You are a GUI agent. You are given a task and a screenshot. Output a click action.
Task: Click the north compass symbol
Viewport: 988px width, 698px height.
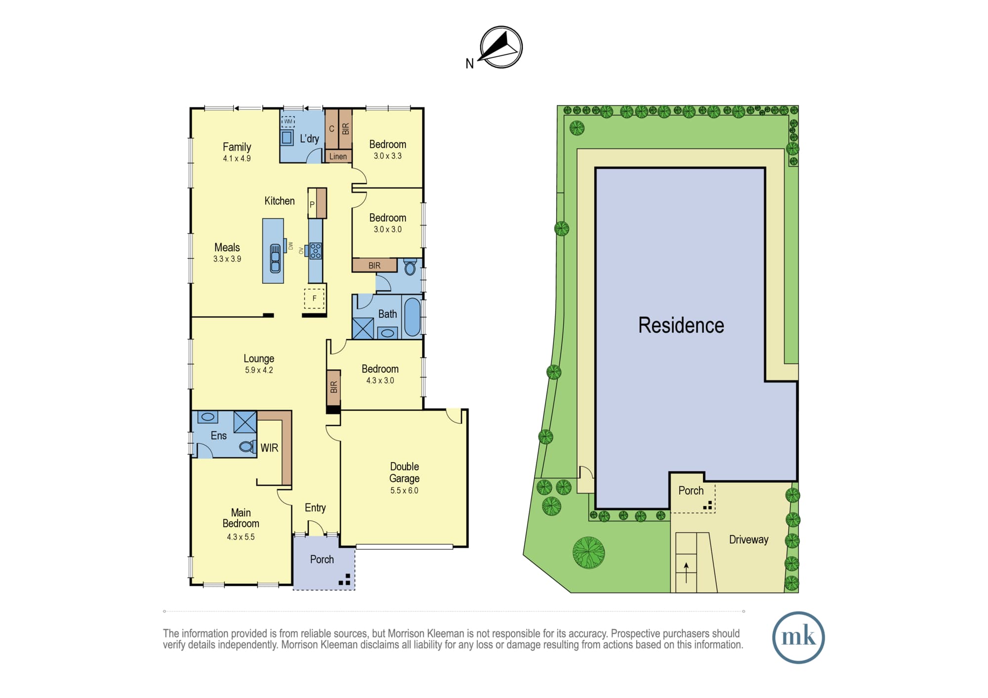(x=501, y=47)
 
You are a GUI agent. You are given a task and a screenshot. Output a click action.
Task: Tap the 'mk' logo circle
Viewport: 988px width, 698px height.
(x=798, y=637)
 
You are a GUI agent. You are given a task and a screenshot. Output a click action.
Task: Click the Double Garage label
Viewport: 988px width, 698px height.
(x=405, y=472)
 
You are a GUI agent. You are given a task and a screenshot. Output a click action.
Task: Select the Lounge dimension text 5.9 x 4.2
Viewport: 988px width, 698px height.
(x=259, y=370)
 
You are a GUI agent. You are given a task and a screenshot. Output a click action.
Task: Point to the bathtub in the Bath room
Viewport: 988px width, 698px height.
(x=412, y=317)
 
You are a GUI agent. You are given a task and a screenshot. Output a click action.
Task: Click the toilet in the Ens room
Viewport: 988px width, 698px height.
(x=247, y=447)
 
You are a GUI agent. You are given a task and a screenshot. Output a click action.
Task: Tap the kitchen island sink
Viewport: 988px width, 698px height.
(x=275, y=259)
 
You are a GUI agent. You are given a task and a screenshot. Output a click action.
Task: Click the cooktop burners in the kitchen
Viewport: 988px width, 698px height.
(x=316, y=251)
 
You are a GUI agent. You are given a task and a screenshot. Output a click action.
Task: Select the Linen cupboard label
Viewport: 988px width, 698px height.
(x=338, y=156)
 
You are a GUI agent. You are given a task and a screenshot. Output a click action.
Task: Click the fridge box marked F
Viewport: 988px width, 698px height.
(x=314, y=299)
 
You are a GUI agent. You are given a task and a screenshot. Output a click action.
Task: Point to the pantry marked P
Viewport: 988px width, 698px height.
(x=312, y=203)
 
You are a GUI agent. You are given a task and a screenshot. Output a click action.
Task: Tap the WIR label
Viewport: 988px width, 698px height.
(x=269, y=448)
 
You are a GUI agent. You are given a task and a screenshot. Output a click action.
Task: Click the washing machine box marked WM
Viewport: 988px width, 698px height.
(x=288, y=121)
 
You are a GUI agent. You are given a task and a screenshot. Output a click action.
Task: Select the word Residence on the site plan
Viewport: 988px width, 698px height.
(x=681, y=325)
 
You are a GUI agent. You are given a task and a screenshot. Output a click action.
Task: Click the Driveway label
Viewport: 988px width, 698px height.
(x=748, y=540)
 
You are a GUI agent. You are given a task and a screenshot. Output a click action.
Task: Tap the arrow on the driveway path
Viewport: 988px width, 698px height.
(x=686, y=572)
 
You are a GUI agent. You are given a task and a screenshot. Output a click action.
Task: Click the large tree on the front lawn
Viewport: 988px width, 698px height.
(x=589, y=552)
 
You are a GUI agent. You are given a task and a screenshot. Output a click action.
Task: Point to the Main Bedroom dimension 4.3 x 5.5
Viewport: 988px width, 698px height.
(x=241, y=537)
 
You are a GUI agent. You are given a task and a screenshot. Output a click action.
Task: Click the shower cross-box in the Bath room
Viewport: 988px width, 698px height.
(x=363, y=328)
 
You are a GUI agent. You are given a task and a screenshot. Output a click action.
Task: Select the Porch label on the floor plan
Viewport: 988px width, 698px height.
(x=322, y=559)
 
